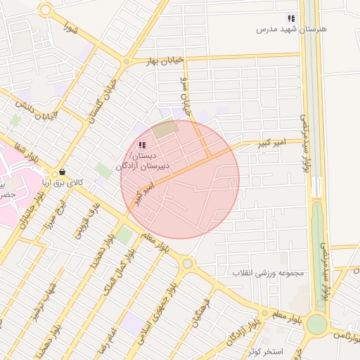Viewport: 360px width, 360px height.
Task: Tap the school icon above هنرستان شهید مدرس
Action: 290,19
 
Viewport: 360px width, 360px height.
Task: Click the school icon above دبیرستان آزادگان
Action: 141,145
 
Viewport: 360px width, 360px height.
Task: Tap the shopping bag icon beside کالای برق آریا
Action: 63,172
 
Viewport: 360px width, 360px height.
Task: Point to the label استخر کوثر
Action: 265,350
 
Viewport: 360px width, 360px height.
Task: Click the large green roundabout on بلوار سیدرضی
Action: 316,324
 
